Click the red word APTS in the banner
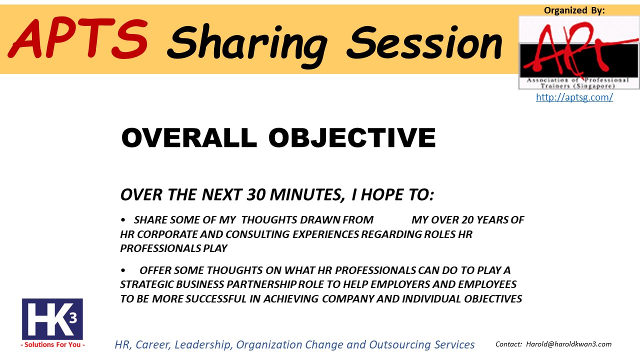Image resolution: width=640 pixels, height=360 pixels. pyautogui.click(x=77, y=38)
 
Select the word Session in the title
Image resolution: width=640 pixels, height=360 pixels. pyautogui.click(x=424, y=43)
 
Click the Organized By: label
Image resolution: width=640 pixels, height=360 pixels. pyautogui.click(x=574, y=10)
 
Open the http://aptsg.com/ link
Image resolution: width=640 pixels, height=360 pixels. pyautogui.click(x=574, y=97)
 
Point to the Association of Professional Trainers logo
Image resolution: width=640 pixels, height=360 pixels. pyautogui.click(x=579, y=52)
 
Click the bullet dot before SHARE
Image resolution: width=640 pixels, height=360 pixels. pyautogui.click(x=123, y=220)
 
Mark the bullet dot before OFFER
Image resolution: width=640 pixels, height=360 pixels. pyautogui.click(x=123, y=270)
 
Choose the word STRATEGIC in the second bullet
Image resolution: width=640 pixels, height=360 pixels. pyautogui.click(x=146, y=284)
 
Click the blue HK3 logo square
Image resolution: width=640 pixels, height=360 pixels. pyautogui.click(x=52, y=319)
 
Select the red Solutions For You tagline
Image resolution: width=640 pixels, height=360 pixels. pyautogui.click(x=52, y=344)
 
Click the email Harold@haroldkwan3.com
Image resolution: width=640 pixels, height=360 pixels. pyautogui.click(x=569, y=344)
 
